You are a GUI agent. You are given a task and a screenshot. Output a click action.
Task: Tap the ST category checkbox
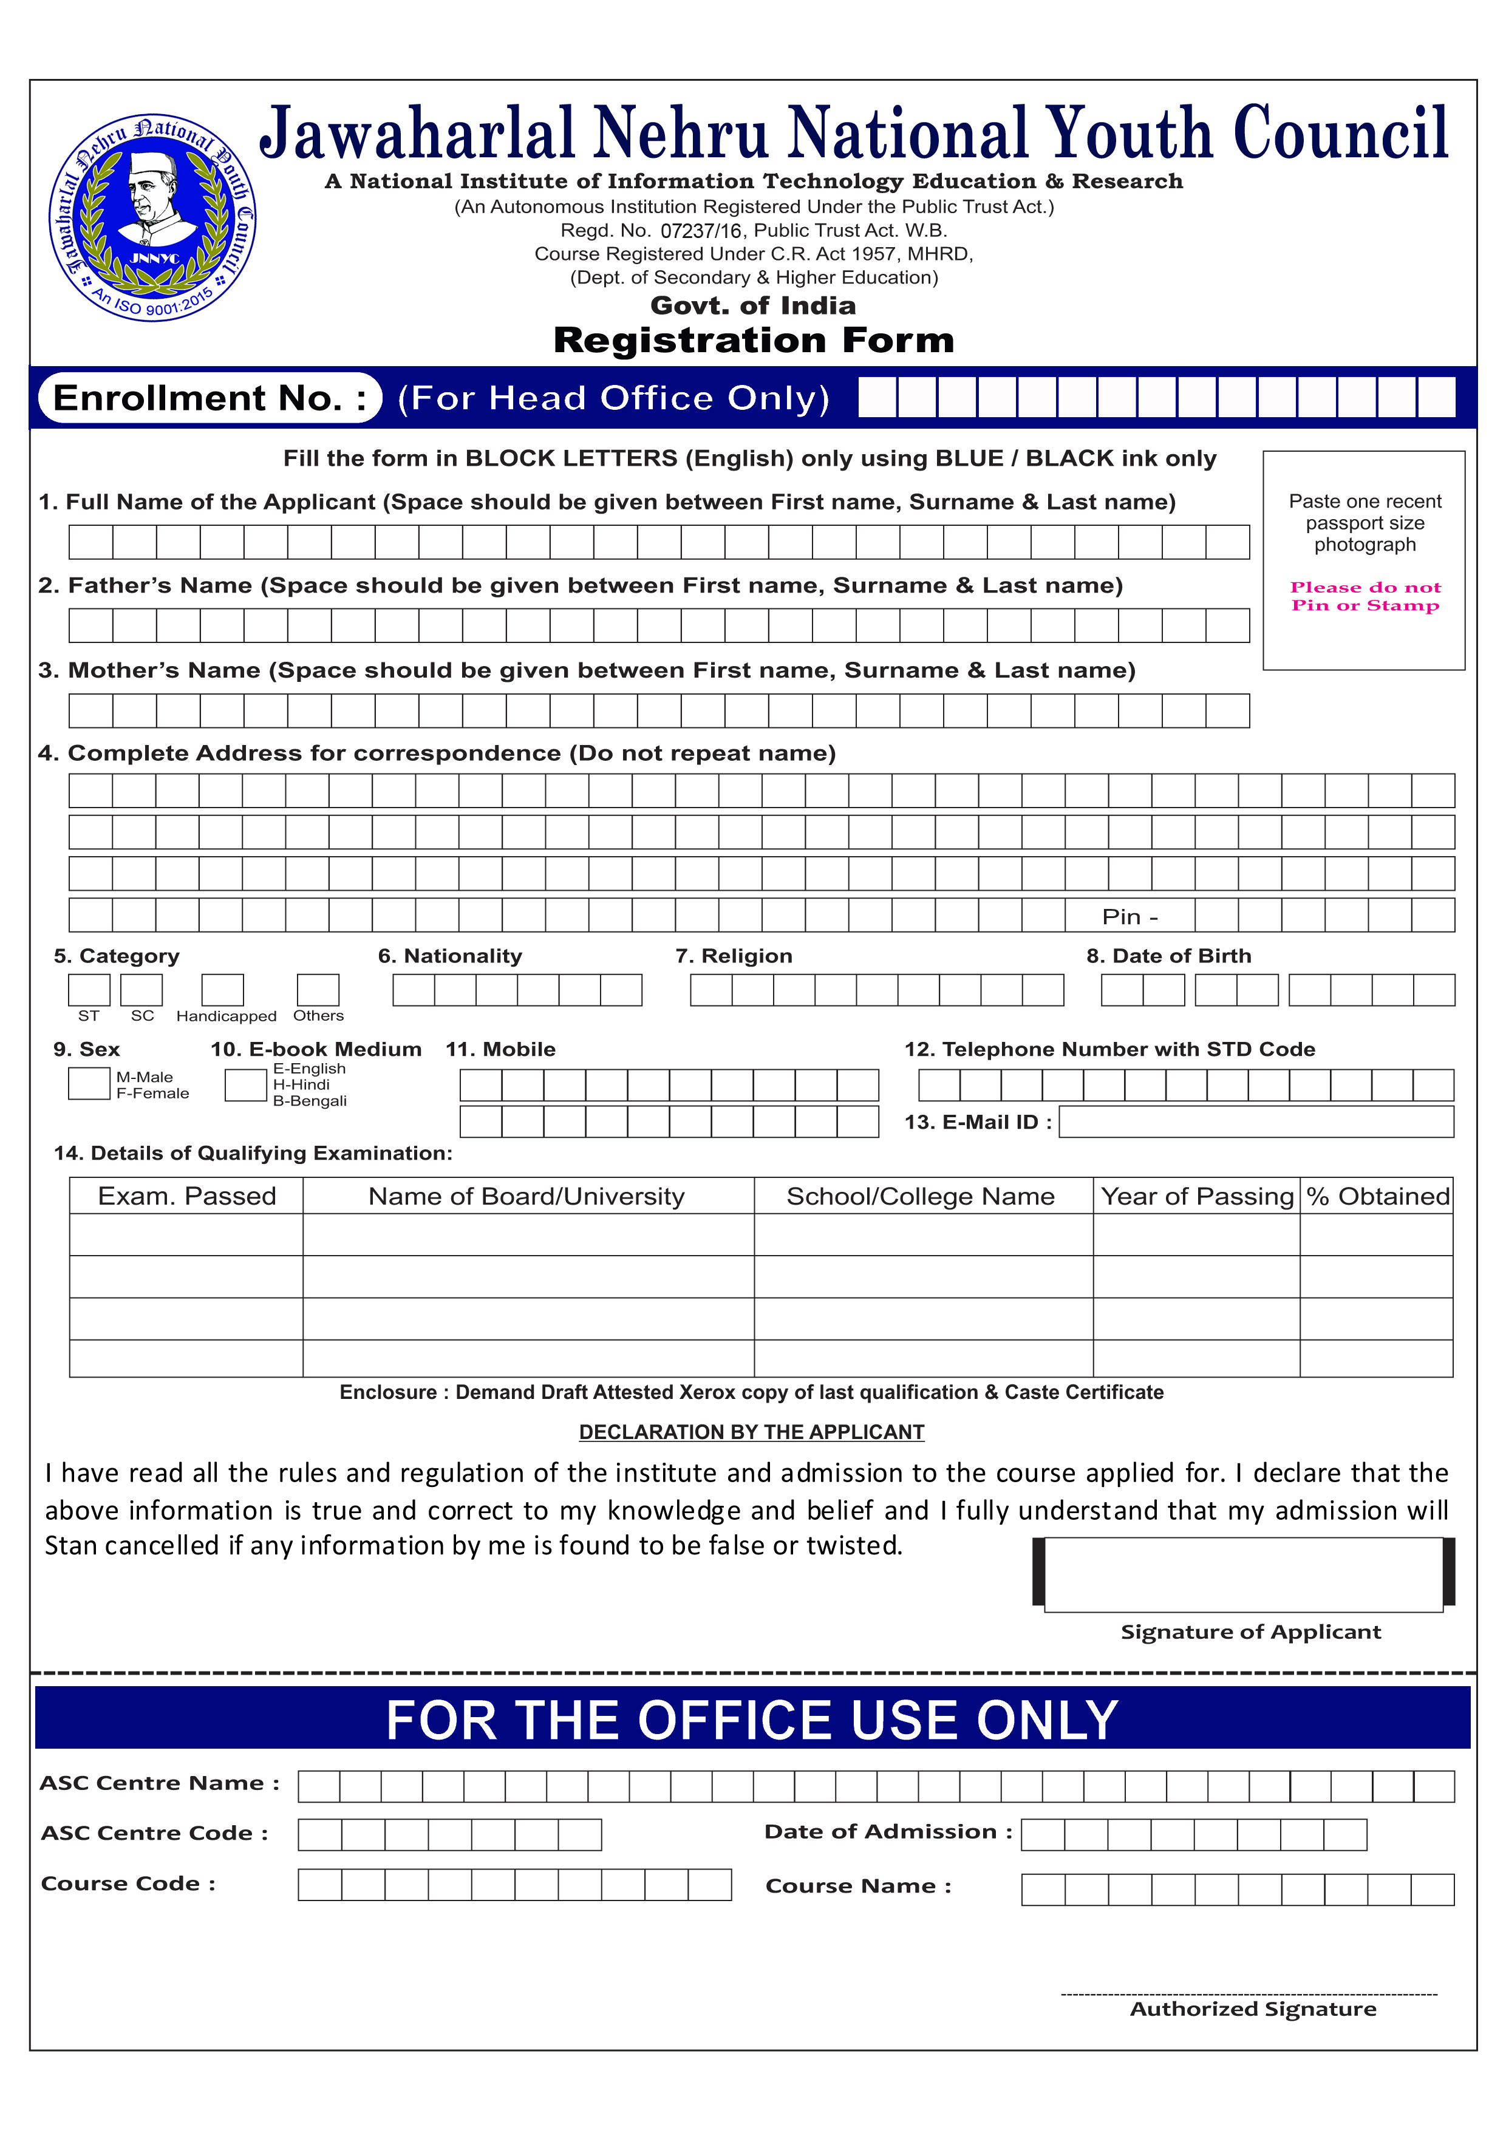click(x=89, y=989)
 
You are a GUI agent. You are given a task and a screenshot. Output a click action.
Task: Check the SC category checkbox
click(x=142, y=989)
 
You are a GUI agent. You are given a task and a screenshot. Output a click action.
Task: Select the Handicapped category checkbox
click(x=223, y=989)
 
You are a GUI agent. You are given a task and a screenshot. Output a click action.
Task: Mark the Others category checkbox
click(x=318, y=989)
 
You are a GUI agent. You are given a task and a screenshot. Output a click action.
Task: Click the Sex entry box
click(x=89, y=1084)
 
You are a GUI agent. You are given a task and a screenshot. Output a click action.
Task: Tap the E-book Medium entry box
click(x=246, y=1084)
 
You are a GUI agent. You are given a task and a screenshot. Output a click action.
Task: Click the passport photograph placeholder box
click(x=1364, y=560)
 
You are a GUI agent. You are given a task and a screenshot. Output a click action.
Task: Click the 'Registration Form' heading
click(x=754, y=341)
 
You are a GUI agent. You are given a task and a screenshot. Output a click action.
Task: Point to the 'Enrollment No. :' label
click(x=210, y=398)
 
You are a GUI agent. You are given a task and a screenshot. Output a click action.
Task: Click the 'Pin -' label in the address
click(x=1129, y=917)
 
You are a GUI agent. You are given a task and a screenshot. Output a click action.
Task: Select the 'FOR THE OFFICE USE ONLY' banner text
click(x=752, y=1720)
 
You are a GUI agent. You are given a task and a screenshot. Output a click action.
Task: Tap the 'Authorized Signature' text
click(x=1253, y=2009)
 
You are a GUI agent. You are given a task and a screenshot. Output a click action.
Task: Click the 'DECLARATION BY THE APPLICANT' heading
click(x=752, y=1432)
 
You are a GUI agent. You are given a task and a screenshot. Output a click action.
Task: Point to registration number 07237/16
click(x=701, y=231)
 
